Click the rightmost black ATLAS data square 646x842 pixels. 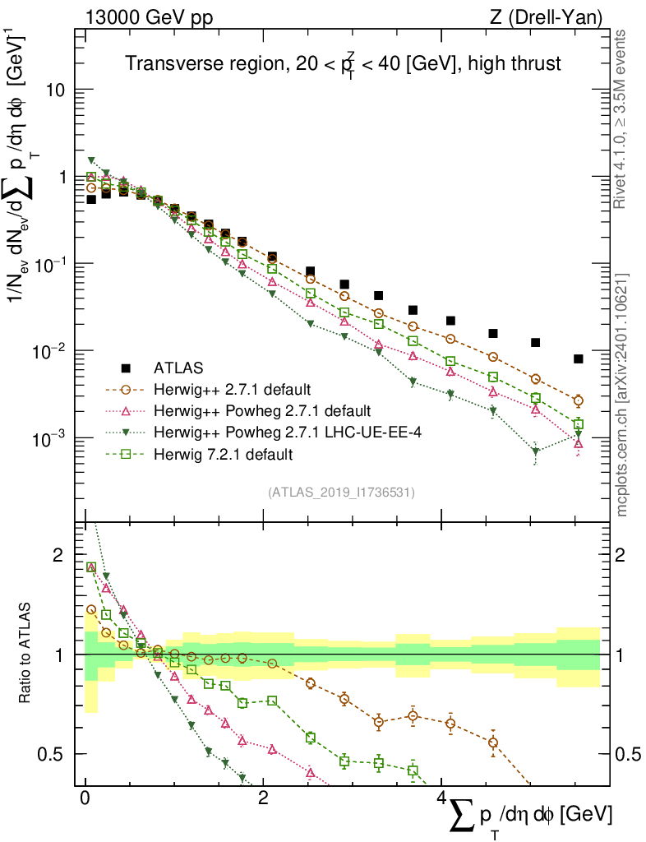(x=579, y=359)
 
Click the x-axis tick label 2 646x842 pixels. (x=263, y=800)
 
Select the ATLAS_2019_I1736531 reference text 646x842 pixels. (x=341, y=493)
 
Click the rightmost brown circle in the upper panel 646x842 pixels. (x=579, y=400)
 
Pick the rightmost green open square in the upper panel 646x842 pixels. (x=579, y=424)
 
